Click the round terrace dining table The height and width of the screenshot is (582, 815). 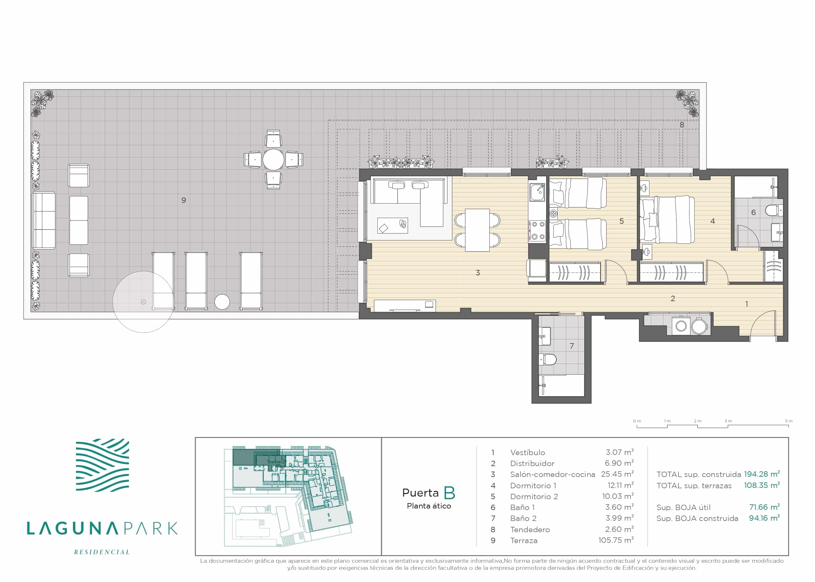273,160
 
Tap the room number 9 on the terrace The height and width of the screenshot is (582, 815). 184,200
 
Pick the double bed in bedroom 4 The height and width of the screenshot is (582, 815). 667,219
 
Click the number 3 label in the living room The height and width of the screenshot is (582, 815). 477,273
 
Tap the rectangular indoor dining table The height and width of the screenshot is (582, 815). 477,230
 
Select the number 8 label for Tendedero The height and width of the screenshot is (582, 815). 682,125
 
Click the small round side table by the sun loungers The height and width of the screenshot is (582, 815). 222,302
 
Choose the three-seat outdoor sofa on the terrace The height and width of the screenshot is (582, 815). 44,220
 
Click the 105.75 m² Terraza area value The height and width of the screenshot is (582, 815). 616,540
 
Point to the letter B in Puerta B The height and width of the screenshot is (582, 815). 449,493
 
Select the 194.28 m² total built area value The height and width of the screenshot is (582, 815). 762,474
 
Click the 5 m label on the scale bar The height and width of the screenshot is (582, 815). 788,421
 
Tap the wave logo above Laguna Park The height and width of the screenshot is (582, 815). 102,465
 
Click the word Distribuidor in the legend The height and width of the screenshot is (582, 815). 532,463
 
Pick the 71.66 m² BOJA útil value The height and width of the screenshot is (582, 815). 764,507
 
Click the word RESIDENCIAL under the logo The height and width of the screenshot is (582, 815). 102,552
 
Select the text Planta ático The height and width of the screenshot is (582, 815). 429,506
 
